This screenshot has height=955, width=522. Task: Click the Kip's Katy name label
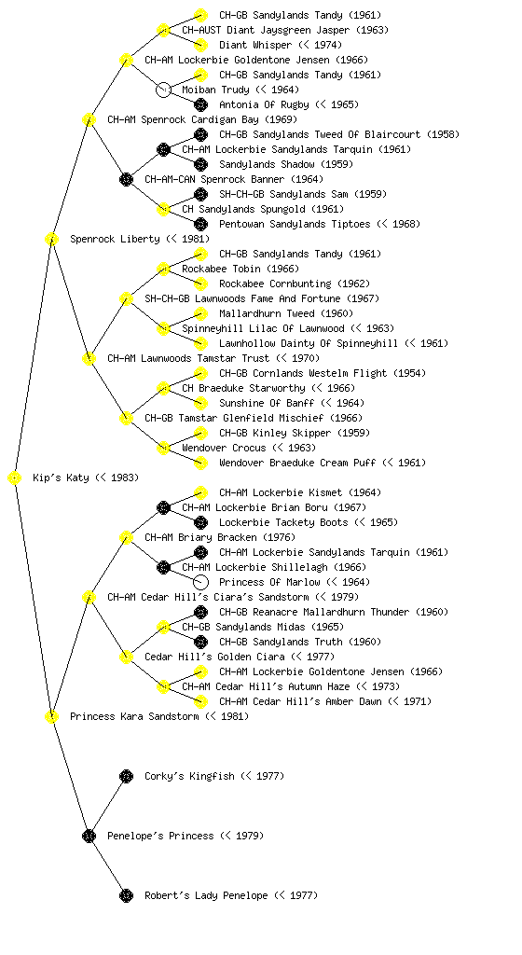pyautogui.click(x=86, y=478)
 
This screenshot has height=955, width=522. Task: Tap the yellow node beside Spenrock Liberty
pyautogui.click(x=51, y=240)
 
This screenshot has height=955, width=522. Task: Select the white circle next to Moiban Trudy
pyautogui.click(x=163, y=90)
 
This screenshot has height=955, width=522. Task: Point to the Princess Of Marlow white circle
pyautogui.click(x=200, y=582)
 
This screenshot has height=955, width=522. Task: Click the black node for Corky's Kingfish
pyautogui.click(x=126, y=776)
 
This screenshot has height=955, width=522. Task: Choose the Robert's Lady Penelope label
pyautogui.click(x=231, y=895)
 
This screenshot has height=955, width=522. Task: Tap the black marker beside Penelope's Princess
pyautogui.click(x=89, y=836)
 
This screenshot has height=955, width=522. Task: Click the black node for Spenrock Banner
pyautogui.click(x=126, y=180)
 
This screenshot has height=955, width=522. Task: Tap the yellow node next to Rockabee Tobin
pyautogui.click(x=163, y=270)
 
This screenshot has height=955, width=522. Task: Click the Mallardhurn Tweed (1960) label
pyautogui.click(x=286, y=313)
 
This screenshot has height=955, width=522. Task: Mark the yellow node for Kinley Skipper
pyautogui.click(x=200, y=433)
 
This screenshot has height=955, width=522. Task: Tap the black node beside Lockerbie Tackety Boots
pyautogui.click(x=200, y=522)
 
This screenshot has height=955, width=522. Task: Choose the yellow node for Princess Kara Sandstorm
pyautogui.click(x=51, y=717)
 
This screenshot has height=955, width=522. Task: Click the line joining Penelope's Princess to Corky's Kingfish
pyautogui.click(x=108, y=806)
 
